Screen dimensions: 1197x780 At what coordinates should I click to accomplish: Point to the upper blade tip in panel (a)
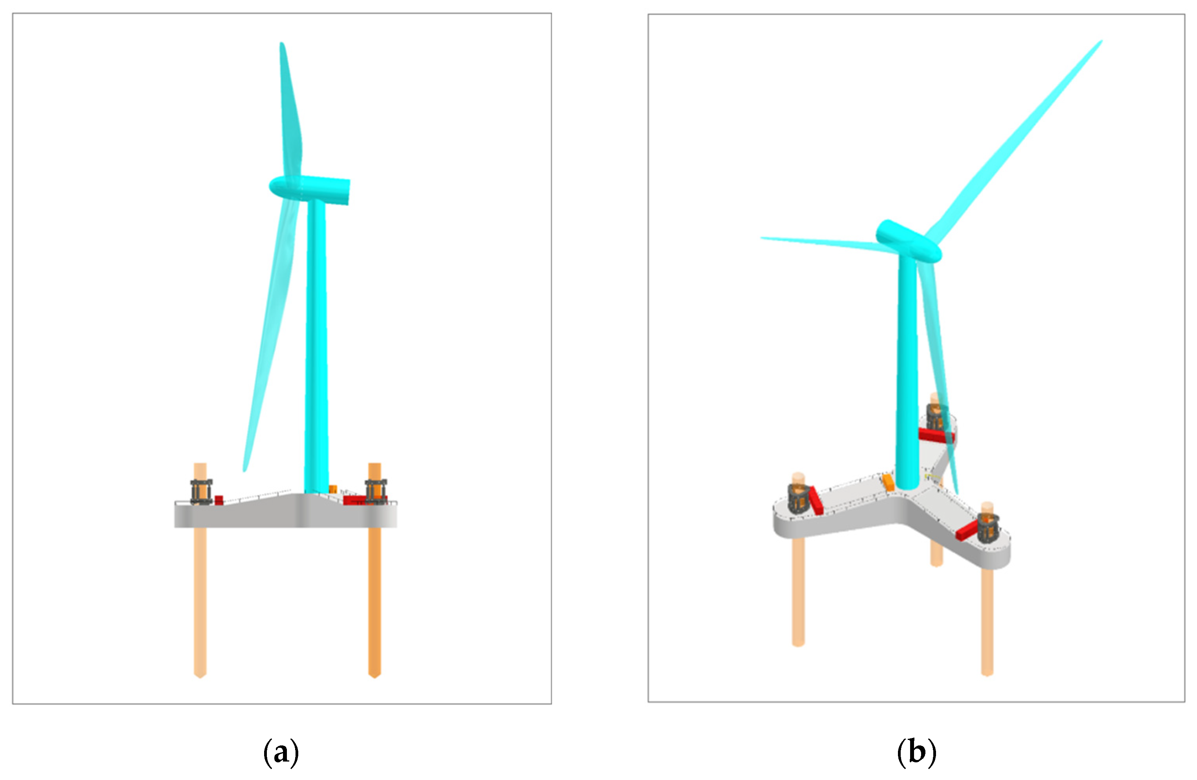282,43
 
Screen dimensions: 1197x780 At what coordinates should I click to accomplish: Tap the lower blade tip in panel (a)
245,470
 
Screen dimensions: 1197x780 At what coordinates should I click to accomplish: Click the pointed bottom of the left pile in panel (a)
200,676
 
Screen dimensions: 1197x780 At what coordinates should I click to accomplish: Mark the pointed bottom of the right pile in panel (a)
374,676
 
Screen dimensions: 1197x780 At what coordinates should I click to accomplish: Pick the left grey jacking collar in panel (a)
201,491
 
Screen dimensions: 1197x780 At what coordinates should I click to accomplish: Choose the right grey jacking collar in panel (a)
376,491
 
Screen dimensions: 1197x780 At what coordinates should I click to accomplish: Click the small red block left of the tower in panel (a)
219,500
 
